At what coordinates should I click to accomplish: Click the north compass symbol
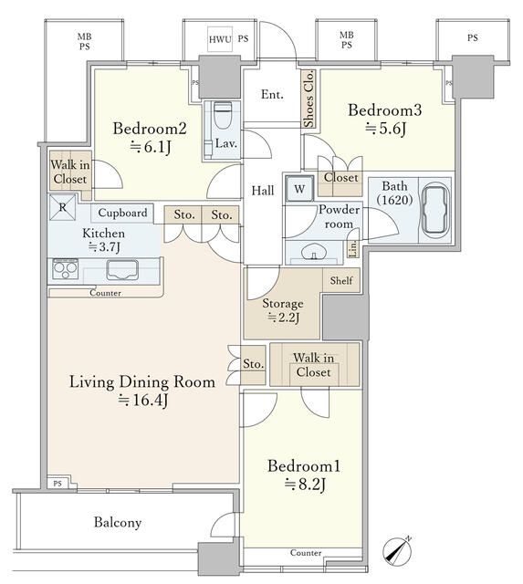(397, 551)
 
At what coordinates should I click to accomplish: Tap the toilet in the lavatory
(223, 114)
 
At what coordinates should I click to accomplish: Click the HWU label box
(220, 38)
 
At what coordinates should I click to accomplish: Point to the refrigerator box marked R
(62, 207)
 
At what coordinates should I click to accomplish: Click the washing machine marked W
(299, 189)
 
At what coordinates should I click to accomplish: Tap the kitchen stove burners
(66, 269)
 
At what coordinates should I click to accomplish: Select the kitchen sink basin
(122, 270)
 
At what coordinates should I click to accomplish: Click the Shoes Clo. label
(309, 99)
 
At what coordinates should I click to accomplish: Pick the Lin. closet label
(353, 247)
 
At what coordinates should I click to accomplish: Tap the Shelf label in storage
(341, 280)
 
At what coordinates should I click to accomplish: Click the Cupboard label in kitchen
(122, 213)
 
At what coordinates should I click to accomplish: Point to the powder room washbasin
(314, 252)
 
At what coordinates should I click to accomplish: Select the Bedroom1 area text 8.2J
(305, 485)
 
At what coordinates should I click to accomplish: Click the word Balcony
(118, 522)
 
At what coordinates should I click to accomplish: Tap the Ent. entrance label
(272, 95)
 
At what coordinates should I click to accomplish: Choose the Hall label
(263, 191)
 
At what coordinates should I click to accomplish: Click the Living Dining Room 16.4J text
(142, 391)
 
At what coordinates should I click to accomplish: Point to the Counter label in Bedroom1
(306, 553)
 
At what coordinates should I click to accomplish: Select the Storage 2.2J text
(283, 310)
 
